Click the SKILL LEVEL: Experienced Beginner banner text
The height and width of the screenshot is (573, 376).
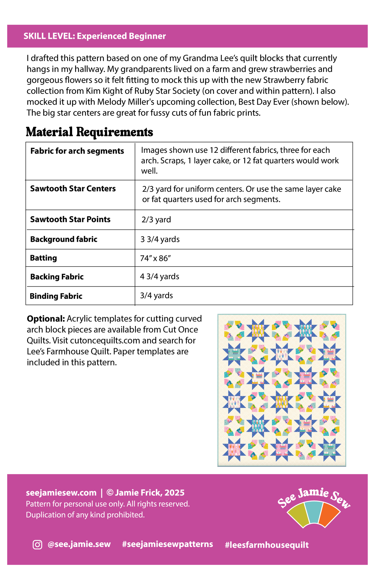click(x=94, y=36)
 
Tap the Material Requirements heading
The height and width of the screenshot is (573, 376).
click(x=89, y=132)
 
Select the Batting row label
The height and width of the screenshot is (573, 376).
click(x=43, y=258)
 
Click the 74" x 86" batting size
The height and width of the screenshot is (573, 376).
click(x=155, y=258)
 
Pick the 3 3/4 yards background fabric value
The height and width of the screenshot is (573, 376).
click(x=160, y=239)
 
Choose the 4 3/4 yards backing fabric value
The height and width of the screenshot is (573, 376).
click(x=160, y=276)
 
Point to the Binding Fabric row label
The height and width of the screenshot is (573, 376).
click(x=56, y=296)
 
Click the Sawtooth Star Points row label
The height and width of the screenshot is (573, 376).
click(x=70, y=219)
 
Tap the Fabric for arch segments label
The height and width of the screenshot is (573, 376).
click(x=77, y=151)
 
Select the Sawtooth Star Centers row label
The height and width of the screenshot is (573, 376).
click(x=73, y=188)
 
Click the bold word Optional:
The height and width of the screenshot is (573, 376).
click(x=46, y=319)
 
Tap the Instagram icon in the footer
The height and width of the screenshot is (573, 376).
click(x=37, y=544)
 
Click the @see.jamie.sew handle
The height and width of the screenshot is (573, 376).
click(x=79, y=544)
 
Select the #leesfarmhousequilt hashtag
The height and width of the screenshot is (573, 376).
click(x=267, y=545)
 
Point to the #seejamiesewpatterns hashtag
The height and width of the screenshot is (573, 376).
click(x=167, y=544)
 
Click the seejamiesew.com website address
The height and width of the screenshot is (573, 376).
click(x=61, y=493)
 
